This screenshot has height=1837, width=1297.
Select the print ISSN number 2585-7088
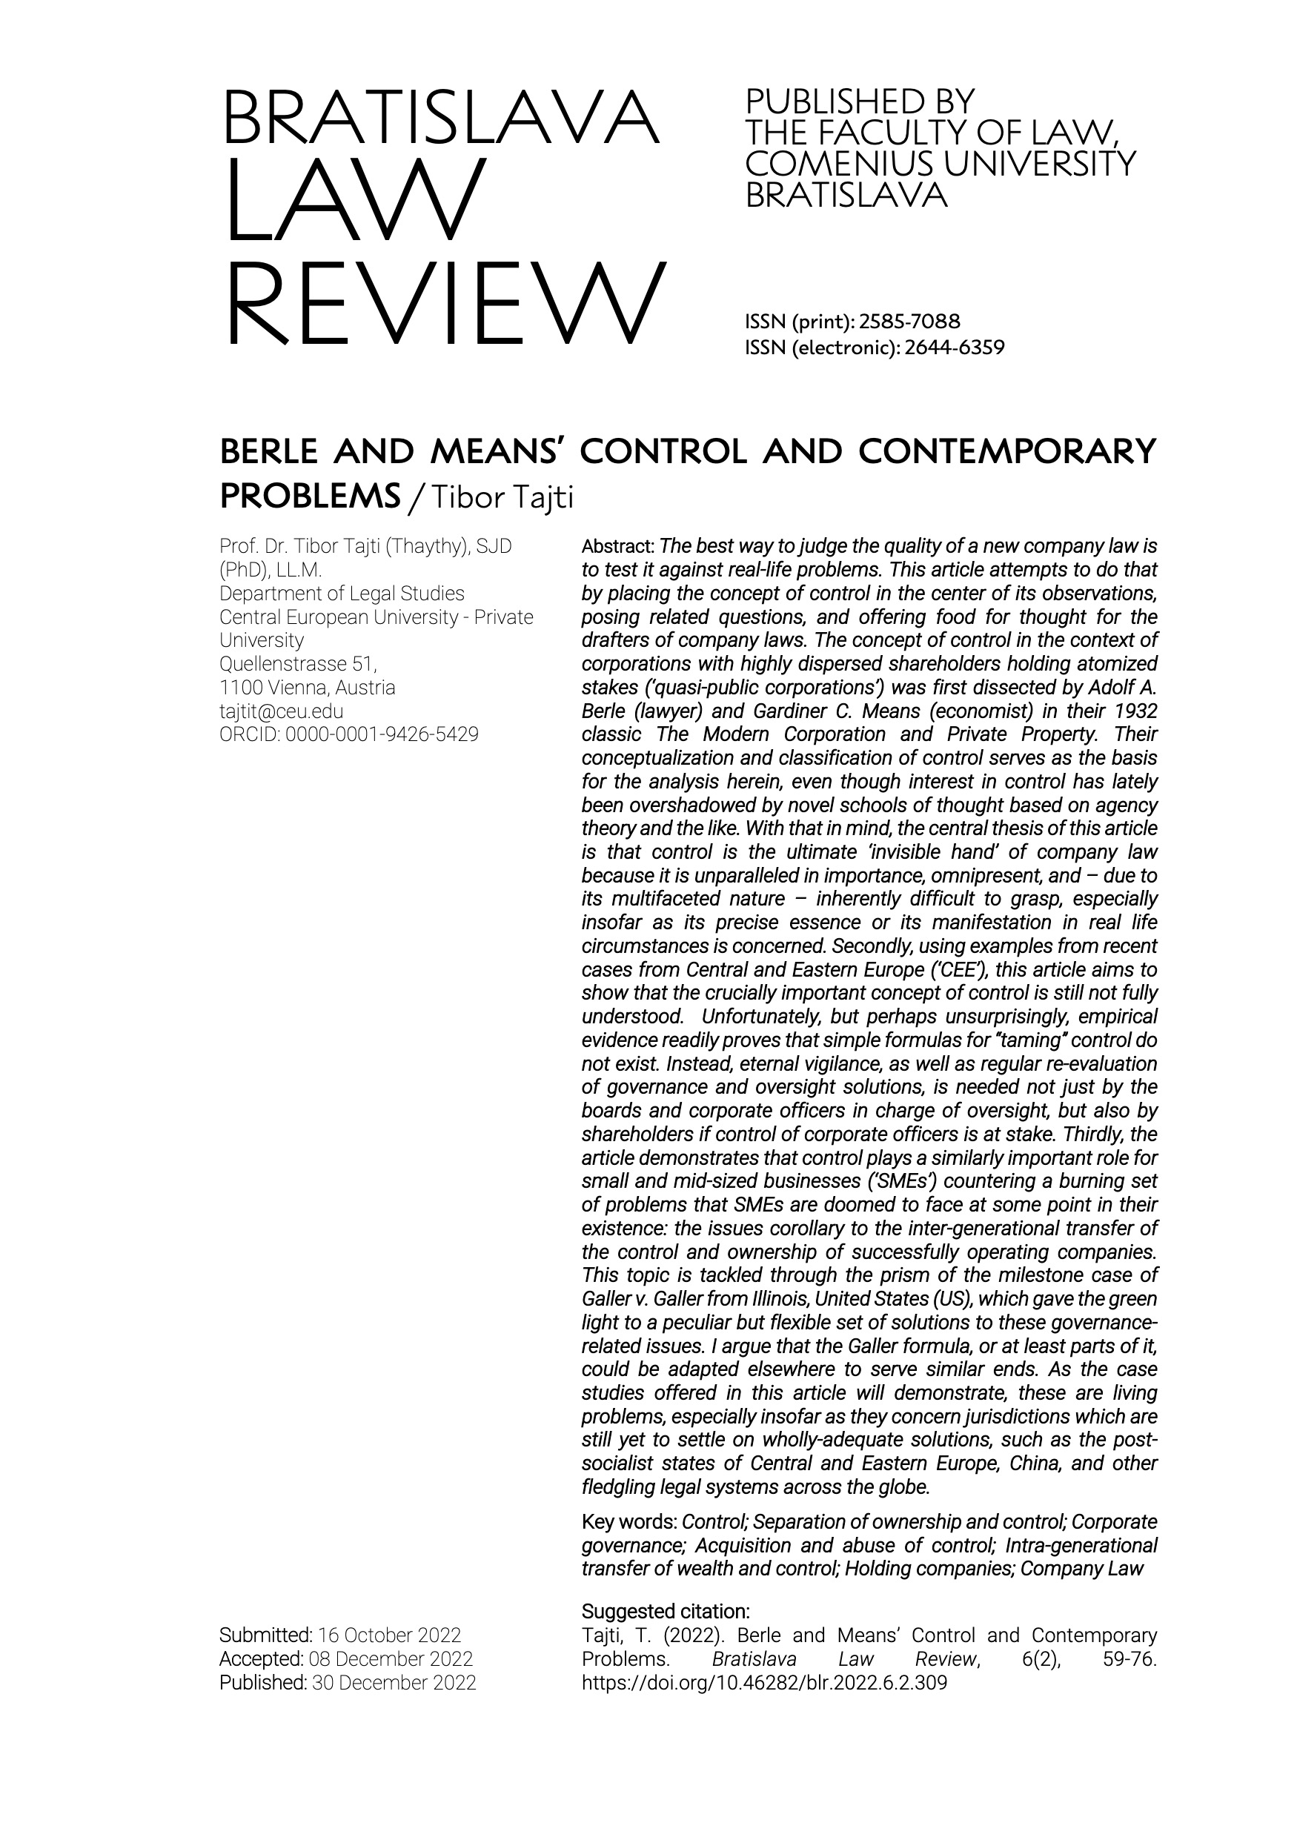pyautogui.click(x=908, y=322)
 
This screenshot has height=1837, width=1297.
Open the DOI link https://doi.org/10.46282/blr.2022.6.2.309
pyautogui.click(x=764, y=1682)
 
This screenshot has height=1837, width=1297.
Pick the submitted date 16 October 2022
pyautogui.click(x=389, y=1635)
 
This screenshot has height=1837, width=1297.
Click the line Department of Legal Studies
pyautogui.click(x=342, y=594)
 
